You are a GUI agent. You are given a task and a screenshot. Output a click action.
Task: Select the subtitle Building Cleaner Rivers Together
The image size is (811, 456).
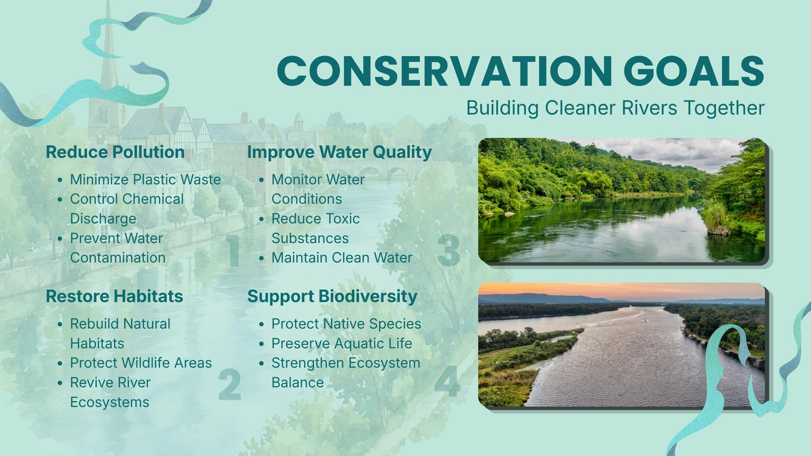click(x=615, y=108)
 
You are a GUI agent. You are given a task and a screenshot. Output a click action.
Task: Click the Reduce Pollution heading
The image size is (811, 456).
click(x=115, y=152)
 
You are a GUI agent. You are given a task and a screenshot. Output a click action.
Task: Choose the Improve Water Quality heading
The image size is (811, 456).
click(x=340, y=152)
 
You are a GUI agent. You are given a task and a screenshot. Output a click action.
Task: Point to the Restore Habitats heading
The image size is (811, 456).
click(x=115, y=296)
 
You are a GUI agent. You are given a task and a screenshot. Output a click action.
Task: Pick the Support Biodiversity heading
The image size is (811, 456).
click(x=333, y=296)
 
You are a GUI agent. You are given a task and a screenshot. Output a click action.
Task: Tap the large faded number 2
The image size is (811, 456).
click(x=230, y=384)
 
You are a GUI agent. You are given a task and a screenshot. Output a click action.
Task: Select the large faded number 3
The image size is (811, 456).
click(x=448, y=250)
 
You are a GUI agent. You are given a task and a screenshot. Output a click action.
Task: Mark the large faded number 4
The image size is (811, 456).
click(x=448, y=381)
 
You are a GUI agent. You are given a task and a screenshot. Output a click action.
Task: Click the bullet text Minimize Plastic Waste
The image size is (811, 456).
click(x=145, y=179)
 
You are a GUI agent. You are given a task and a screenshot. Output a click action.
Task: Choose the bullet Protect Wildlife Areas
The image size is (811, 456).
click(x=141, y=363)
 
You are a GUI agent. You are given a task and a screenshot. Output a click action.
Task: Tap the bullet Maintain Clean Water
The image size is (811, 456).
click(x=342, y=258)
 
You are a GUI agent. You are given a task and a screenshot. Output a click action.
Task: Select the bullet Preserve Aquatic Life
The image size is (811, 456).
click(x=342, y=344)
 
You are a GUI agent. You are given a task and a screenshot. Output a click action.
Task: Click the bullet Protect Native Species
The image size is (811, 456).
click(x=347, y=324)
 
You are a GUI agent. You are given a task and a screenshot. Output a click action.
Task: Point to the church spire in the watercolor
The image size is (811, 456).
click(x=108, y=47)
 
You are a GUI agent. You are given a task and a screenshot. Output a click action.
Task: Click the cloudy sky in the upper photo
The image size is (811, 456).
click(x=670, y=151)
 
